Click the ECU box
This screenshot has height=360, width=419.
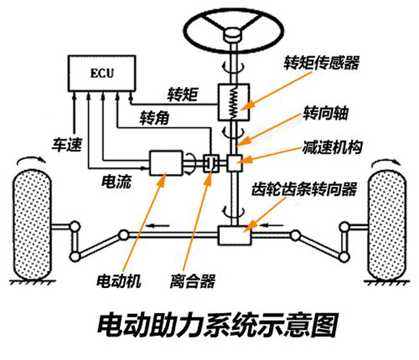point(101,71)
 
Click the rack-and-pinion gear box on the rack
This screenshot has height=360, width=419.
point(234,234)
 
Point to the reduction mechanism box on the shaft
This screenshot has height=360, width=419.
point(234,160)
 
